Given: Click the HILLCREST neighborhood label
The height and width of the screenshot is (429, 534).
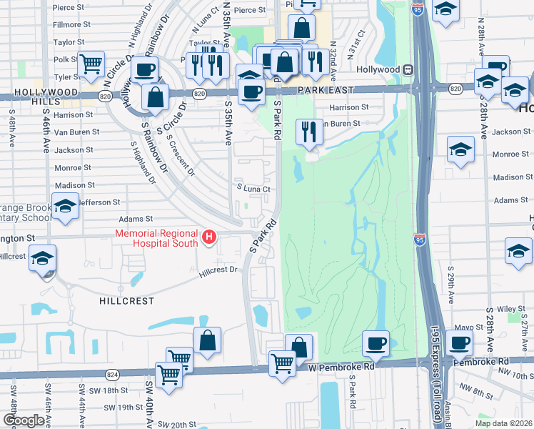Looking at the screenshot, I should (x=127, y=301).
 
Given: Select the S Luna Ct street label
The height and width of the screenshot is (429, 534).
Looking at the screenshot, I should (x=255, y=189).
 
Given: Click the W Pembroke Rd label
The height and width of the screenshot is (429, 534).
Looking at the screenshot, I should (x=342, y=366).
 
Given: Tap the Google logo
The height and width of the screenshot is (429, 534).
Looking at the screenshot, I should (x=24, y=420).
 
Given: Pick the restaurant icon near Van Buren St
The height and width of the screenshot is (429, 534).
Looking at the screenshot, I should (x=308, y=132).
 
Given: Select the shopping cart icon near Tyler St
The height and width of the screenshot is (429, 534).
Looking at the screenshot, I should (x=92, y=64).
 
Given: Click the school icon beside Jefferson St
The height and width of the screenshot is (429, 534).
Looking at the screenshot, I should (x=66, y=207).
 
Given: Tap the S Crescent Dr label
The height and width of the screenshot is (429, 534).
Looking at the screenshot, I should (x=182, y=158).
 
